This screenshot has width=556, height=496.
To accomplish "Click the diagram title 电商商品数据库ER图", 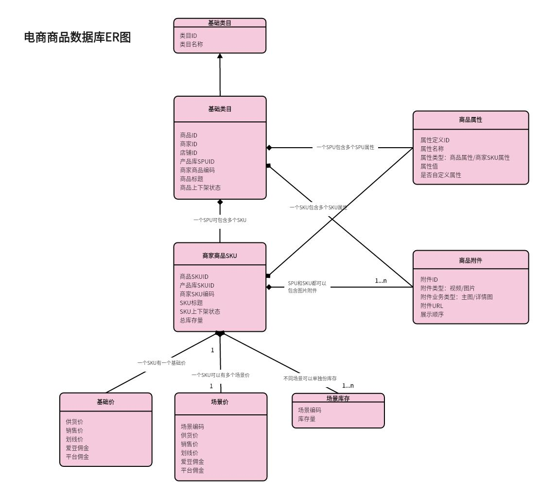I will point(78,37).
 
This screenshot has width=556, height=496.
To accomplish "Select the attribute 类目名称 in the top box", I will point(191,44).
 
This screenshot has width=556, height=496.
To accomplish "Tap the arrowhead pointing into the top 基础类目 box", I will point(220,56).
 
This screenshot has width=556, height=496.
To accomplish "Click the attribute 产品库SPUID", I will point(197,161).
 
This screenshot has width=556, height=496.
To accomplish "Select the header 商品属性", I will point(470,120).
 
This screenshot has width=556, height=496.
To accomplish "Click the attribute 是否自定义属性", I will point(441,175).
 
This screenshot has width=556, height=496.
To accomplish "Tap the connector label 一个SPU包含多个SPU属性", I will point(345,147).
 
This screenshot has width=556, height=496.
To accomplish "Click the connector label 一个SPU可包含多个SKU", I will point(220,220).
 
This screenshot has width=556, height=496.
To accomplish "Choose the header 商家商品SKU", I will point(220,256).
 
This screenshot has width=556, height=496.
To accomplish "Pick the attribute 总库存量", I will point(191,320).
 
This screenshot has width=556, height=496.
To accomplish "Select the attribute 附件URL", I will point(432,306).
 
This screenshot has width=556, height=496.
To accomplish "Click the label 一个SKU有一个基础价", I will point(161,363).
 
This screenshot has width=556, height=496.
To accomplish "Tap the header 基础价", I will point(105,402).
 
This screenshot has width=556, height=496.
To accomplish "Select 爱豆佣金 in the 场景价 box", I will point(192,462).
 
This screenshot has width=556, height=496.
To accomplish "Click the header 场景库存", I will point(338,398).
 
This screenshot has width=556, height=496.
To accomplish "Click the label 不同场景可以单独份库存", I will point(310,377).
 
